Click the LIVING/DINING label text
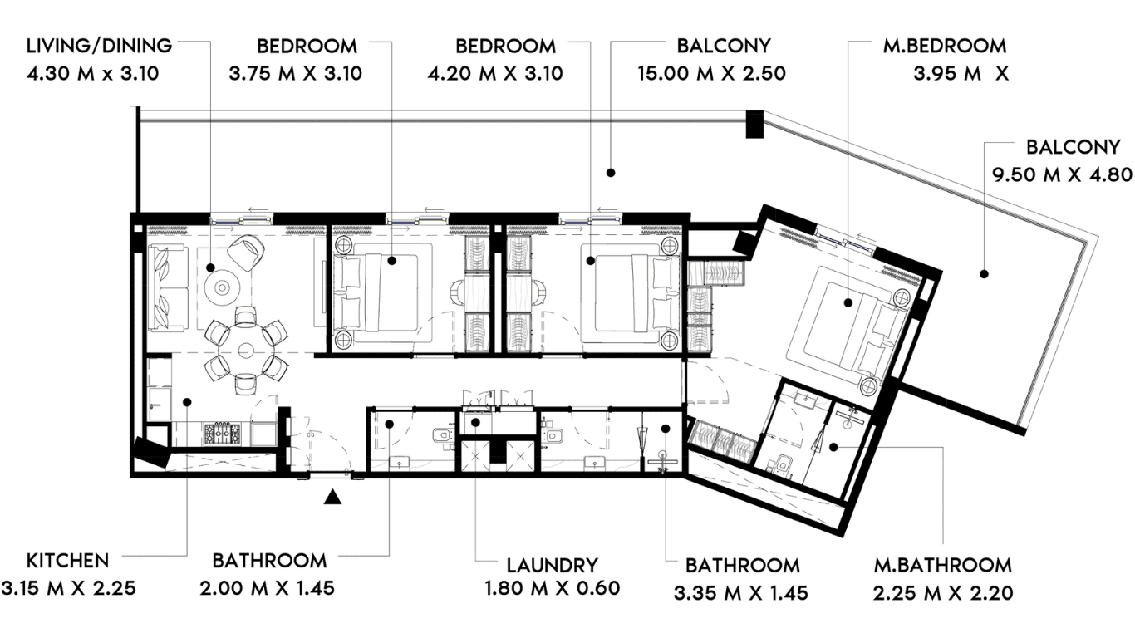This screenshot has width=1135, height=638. [100, 47]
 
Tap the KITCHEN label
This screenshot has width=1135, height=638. [67, 561]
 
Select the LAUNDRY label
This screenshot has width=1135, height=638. [553, 565]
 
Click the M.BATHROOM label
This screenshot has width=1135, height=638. [942, 565]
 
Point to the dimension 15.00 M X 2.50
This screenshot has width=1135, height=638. [711, 73]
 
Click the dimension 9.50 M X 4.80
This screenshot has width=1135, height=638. [1062, 174]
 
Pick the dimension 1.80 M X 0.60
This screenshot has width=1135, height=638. [553, 588]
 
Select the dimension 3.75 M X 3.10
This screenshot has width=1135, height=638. [296, 73]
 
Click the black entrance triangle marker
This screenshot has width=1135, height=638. [332, 497]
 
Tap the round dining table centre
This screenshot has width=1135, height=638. [246, 351]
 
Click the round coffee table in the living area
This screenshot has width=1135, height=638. [222, 287]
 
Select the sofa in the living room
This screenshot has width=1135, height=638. [168, 288]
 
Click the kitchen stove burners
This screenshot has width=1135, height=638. [223, 434]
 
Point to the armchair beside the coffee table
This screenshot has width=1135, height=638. [246, 253]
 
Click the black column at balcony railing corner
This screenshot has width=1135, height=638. [754, 124]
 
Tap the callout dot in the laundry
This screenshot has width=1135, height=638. [475, 422]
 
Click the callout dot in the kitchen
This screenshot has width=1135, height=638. [187, 402]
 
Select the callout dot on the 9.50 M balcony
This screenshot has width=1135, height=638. [984, 274]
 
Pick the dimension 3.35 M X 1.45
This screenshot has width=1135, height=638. [741, 593]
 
